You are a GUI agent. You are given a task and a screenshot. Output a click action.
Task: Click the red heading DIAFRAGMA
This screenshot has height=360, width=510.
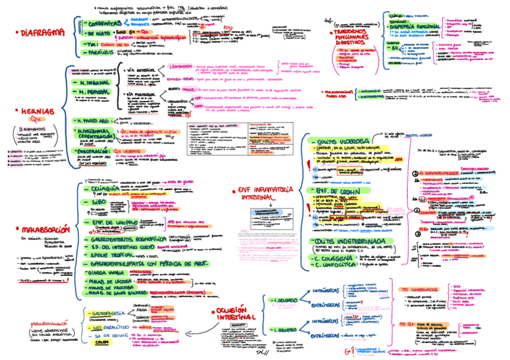[x=43, y=32]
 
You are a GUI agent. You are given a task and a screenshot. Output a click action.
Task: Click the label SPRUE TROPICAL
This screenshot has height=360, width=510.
[x=118, y=255]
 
